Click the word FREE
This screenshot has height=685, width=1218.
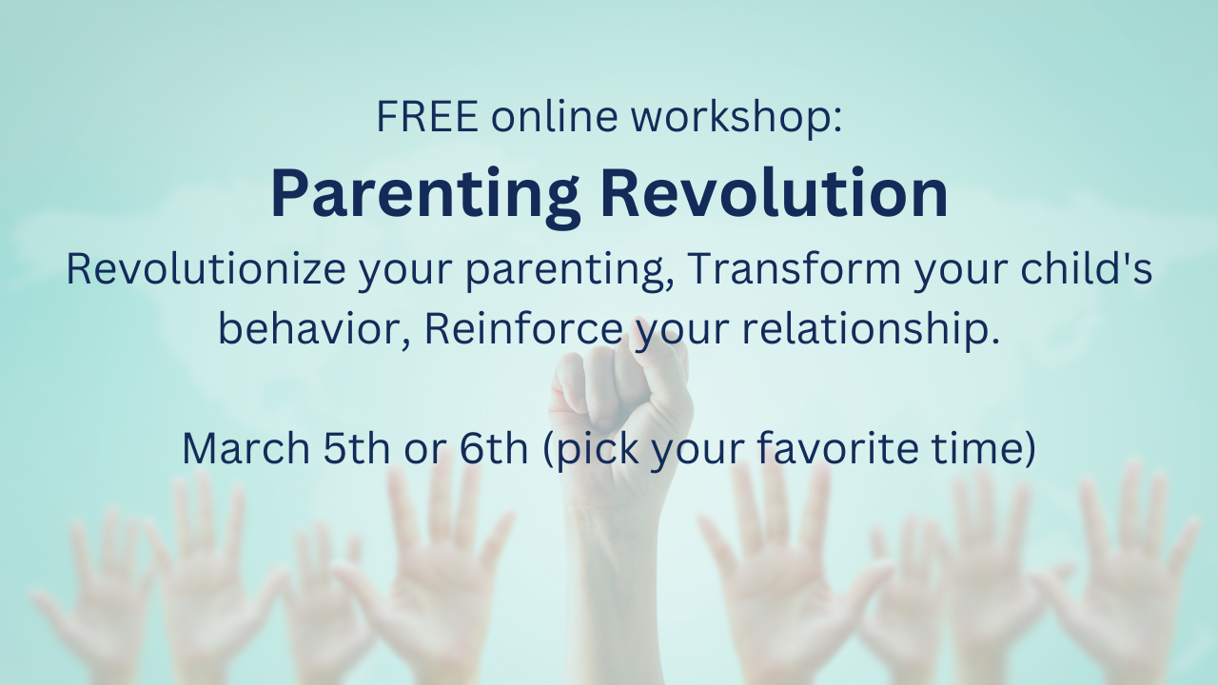[427, 116]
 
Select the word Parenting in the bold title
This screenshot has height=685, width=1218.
[425, 196]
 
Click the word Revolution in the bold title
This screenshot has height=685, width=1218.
[775, 192]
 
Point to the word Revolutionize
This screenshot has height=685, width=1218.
[206, 268]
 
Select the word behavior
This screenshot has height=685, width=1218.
[314, 328]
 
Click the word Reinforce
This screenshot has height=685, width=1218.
[523, 328]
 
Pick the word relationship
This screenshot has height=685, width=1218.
[871, 328]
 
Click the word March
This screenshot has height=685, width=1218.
[246, 448]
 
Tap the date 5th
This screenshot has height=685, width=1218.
[357, 448]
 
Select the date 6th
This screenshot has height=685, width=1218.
[494, 448]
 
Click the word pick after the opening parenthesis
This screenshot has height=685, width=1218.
[599, 450]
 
